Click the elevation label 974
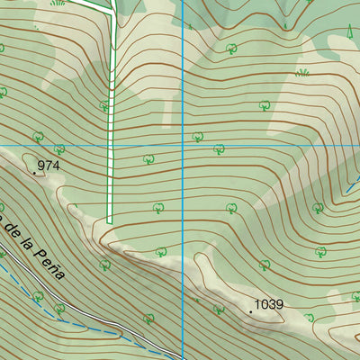click(x=49, y=166)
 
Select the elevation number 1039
click(x=269, y=305)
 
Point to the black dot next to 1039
click(x=251, y=311)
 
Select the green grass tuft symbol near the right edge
click(x=303, y=71)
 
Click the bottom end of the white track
click(x=110, y=220)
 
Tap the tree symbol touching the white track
click(x=103, y=106)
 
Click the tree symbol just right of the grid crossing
click(x=196, y=137)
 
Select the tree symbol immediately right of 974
click(x=59, y=149)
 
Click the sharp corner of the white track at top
click(x=115, y=11)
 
